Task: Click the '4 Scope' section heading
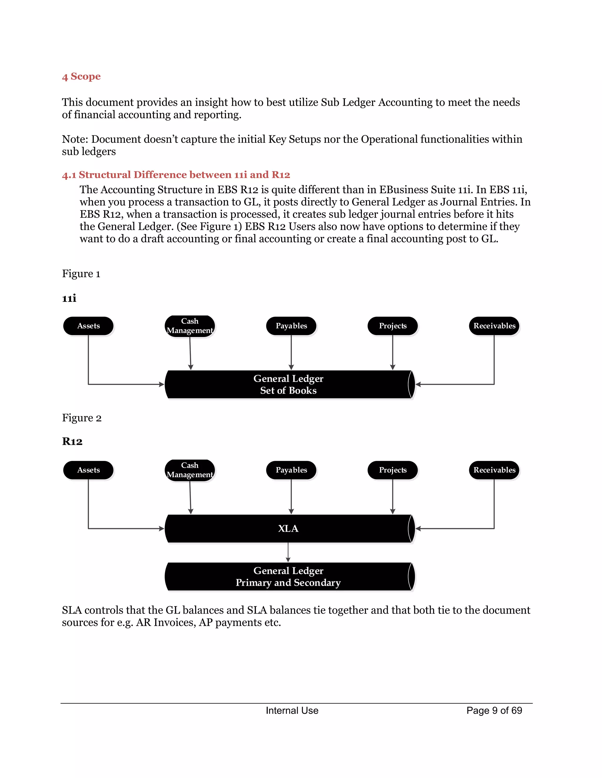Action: coord(81,77)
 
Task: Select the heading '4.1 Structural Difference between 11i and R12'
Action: coord(176,175)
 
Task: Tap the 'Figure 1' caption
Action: coord(81,274)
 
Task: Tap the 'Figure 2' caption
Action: coord(82,418)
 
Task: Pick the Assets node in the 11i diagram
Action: coord(88,326)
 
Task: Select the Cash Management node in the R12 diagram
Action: coord(190,470)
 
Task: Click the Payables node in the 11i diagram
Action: coord(291,326)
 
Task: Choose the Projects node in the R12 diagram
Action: coord(393,470)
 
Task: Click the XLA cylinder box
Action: coord(288,529)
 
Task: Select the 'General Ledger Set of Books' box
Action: coord(288,384)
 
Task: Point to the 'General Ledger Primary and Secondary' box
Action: coord(288,577)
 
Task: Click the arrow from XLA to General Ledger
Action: coord(288,553)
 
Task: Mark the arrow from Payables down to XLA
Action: coord(291,497)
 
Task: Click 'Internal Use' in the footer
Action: coord(292,711)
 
